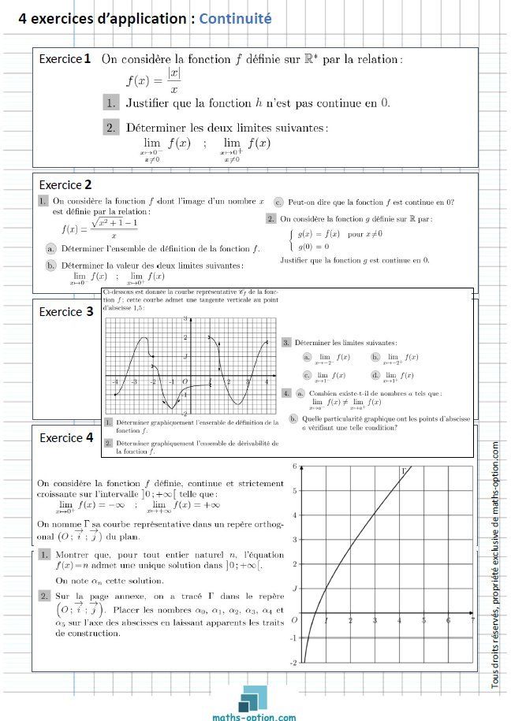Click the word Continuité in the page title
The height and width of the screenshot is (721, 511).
(x=236, y=17)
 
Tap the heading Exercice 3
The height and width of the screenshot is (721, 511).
(x=66, y=311)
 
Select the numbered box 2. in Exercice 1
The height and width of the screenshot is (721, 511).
(x=112, y=126)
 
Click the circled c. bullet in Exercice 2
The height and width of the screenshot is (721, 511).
(x=279, y=201)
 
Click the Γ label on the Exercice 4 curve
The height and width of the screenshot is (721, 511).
(x=405, y=470)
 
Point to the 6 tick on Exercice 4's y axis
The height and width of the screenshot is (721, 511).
(x=294, y=466)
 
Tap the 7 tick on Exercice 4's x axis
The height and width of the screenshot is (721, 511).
(x=472, y=621)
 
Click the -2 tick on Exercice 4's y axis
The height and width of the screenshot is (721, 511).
(x=293, y=663)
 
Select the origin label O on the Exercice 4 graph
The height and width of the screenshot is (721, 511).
(x=294, y=620)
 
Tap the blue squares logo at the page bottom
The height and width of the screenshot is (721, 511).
(x=255, y=697)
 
